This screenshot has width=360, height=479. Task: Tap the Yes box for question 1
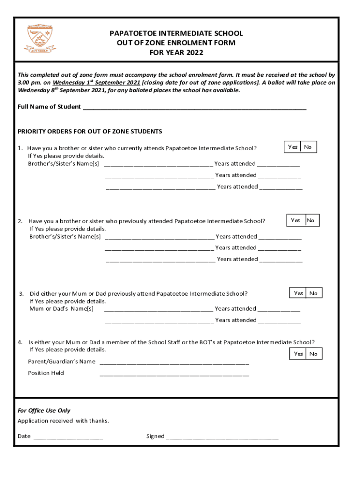coord(293,147)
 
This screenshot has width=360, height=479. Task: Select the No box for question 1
coord(308,147)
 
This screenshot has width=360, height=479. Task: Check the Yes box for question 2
coord(295,220)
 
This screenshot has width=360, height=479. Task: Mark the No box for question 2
coord(311,220)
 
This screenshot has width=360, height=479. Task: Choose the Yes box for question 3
coord(298,293)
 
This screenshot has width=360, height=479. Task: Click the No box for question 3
coord(314,293)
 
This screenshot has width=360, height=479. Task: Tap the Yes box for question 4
coord(298,354)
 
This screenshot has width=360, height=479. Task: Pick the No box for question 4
coord(314,354)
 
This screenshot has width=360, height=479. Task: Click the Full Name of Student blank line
coord(194,107)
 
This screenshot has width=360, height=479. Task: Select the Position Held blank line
coord(174,373)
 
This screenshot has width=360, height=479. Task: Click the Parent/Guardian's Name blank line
coord(174,362)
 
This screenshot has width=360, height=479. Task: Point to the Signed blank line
coord(222,436)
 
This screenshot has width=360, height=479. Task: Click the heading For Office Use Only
coord(44,410)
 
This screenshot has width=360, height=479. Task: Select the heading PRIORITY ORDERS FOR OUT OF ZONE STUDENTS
coord(90,131)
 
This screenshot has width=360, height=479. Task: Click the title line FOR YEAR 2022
coord(176,52)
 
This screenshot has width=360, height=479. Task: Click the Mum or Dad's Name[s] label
coord(61,309)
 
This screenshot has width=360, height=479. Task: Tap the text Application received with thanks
coord(63,421)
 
